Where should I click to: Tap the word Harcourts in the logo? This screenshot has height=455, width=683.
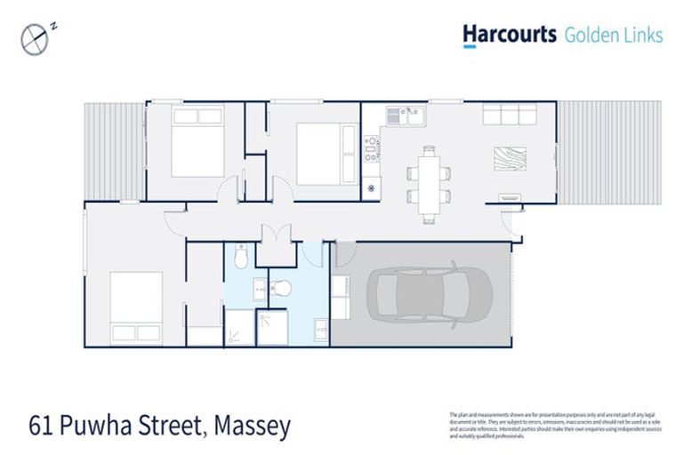tap(510, 35)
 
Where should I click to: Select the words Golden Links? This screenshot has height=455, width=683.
tap(614, 36)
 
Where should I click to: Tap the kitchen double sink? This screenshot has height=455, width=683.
tap(412, 113)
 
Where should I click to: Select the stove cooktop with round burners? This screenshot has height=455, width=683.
tap(372, 145)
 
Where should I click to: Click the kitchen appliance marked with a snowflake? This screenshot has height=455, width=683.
tap(372, 188)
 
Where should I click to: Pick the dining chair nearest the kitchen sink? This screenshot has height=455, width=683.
tap(413, 161)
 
